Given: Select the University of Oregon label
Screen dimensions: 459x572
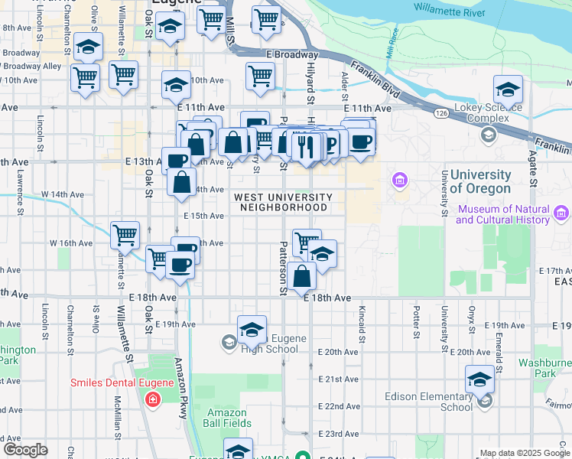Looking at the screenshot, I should pos(479,182).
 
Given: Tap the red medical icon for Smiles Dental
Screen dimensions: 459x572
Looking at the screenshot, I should pos(153,399).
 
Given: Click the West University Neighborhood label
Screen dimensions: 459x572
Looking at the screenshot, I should pos(283,202).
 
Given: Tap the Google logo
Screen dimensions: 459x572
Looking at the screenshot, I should pos(25,450).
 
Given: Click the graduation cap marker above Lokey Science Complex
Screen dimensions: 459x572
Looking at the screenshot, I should pos(508,90).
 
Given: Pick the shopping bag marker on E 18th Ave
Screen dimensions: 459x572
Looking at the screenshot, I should pos(302,276).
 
